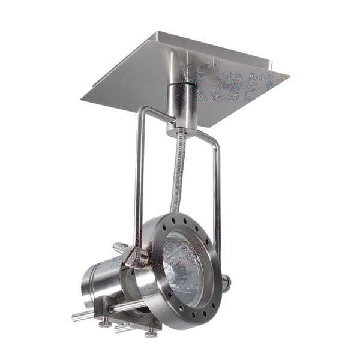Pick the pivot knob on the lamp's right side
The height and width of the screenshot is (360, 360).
point(226,281)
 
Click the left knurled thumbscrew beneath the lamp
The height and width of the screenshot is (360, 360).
point(106,325)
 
